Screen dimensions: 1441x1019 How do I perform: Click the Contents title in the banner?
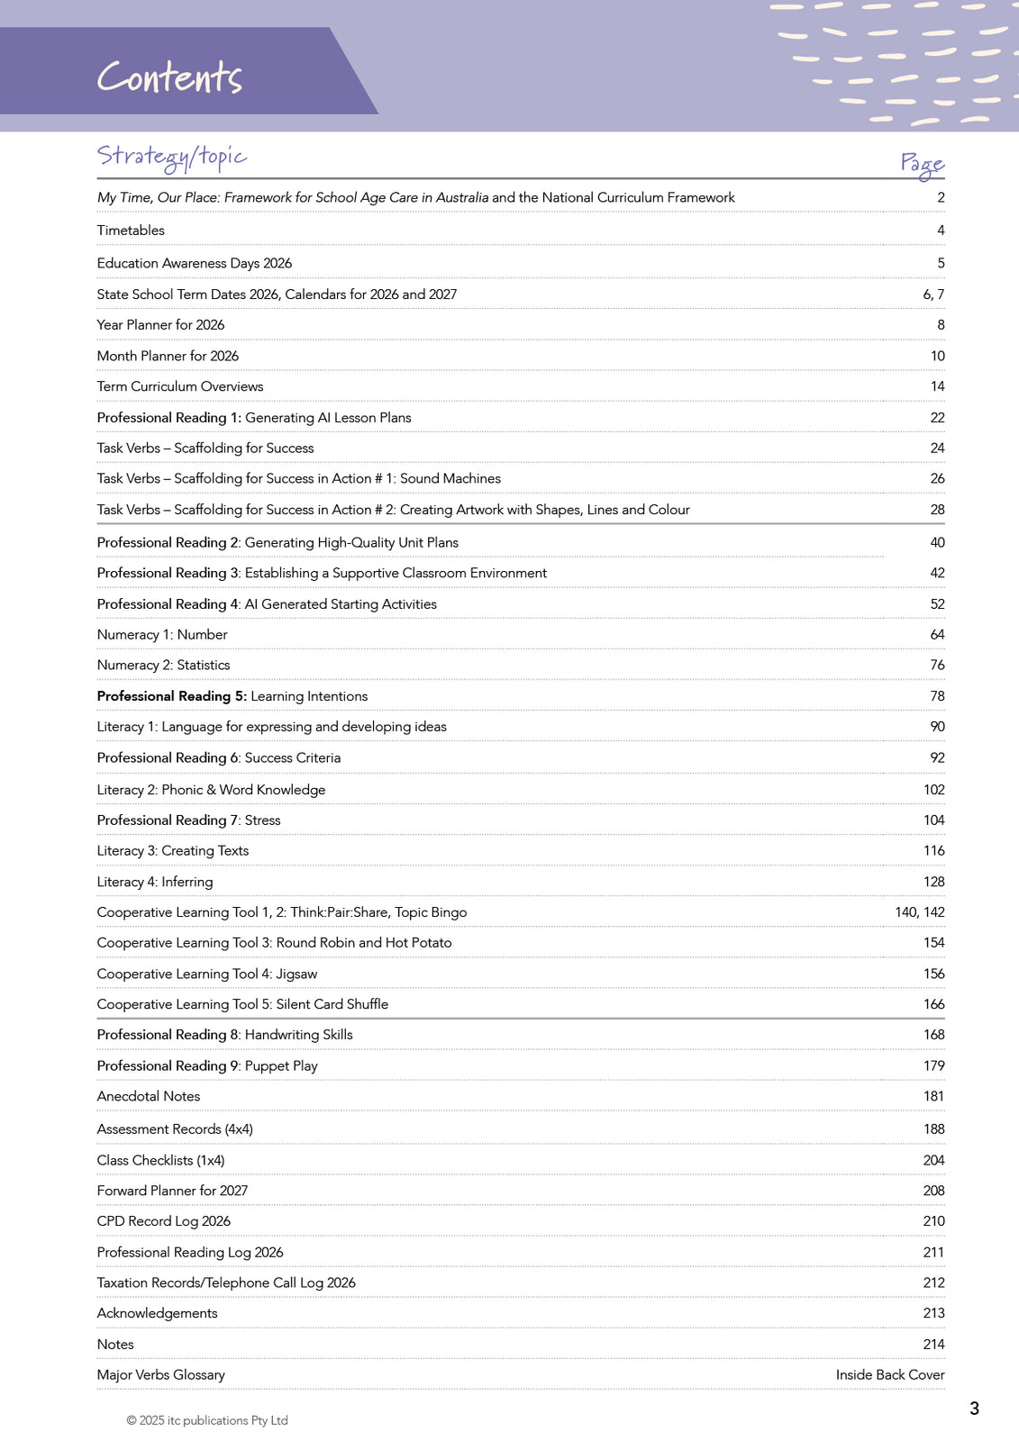coord(169,77)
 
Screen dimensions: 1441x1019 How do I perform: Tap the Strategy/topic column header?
coord(171,157)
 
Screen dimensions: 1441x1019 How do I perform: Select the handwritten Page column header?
coord(922,163)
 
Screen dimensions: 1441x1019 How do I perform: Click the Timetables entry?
coord(131,231)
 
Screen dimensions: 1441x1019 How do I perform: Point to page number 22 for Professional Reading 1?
coord(937,418)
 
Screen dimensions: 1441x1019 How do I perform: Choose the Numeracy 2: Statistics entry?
coord(163,666)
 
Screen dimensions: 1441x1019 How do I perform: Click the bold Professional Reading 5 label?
coord(171,696)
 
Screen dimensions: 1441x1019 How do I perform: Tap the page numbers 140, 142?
coord(919,912)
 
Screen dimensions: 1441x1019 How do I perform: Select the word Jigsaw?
coord(296,974)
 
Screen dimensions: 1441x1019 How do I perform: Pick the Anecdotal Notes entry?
coord(149,1097)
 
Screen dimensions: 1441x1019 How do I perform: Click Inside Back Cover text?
coord(889,1375)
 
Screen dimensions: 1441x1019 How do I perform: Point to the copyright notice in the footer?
coord(206,1421)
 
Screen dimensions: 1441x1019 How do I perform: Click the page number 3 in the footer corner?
coord(974,1409)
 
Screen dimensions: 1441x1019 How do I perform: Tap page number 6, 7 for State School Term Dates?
coord(933,295)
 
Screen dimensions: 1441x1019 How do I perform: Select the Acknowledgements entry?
coord(157,1314)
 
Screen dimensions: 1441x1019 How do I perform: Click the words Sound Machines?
coord(450,479)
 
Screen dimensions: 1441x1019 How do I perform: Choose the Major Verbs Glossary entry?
coord(160,1375)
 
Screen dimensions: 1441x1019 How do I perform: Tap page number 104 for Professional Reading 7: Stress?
coord(933,820)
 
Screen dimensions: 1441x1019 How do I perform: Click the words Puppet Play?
coord(281,1066)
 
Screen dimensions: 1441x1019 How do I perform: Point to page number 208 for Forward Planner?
coord(933,1191)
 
